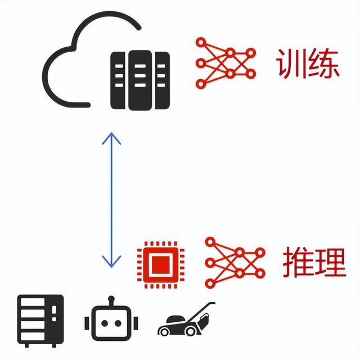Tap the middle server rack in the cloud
click(140, 80)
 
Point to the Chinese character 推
click(298, 263)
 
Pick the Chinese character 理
click(330, 263)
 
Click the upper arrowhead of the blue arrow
click(111, 138)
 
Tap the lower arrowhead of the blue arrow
click(111, 261)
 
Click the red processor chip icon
click(161, 265)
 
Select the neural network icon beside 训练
click(226, 63)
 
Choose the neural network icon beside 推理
click(235, 263)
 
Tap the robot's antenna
click(111, 300)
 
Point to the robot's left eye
click(105, 323)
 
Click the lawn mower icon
click(186, 319)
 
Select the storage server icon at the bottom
click(40, 321)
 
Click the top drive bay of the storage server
click(33, 302)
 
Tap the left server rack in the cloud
click(118, 80)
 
